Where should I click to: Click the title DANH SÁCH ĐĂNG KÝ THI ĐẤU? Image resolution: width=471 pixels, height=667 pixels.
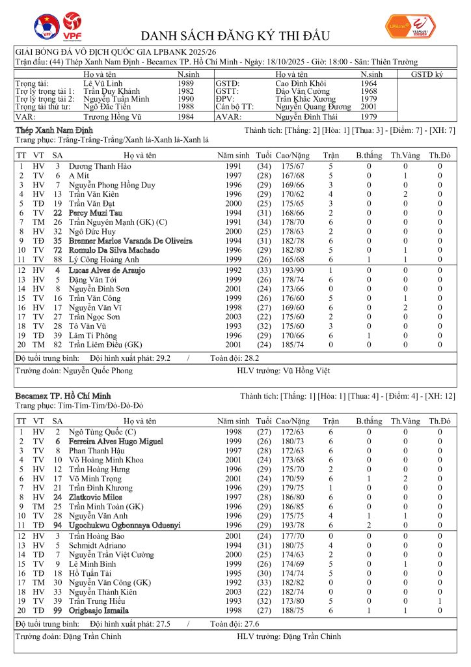click(x=235, y=35)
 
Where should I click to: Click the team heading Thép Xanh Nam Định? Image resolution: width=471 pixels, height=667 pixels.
click(x=44, y=130)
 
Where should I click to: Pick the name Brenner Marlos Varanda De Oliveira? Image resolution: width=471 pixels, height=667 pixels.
click(x=130, y=241)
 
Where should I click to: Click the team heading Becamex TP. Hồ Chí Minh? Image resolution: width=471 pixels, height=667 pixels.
click(x=63, y=395)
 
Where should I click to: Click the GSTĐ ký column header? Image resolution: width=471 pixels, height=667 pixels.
click(x=426, y=74)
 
